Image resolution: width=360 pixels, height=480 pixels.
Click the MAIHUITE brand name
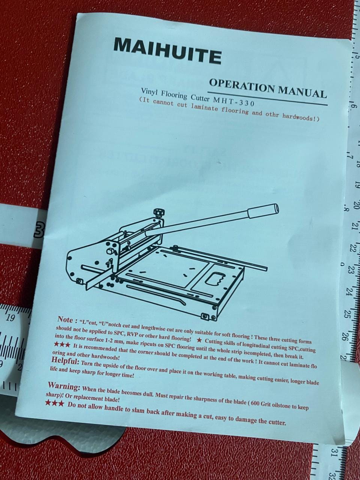[x=167, y=51]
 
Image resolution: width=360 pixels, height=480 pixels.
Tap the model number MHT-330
[x=234, y=102]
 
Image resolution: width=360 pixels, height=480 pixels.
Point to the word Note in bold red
[x=65, y=319]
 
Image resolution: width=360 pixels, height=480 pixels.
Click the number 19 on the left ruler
[x=10, y=318]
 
